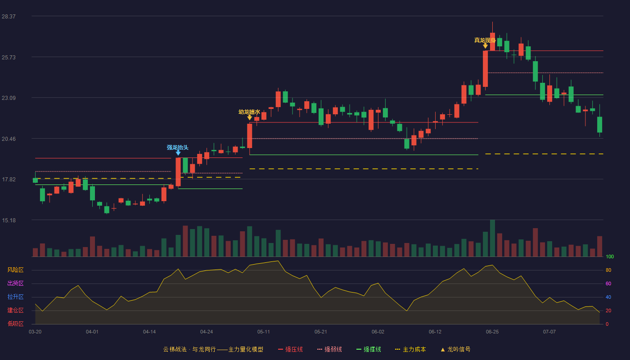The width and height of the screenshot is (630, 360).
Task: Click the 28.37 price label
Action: (9, 16)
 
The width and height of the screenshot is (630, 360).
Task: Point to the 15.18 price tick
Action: (9, 220)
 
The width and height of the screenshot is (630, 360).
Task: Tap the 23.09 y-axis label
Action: (9, 98)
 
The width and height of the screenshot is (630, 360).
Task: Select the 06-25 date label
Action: (492, 332)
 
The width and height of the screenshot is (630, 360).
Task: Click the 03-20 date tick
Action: (35, 332)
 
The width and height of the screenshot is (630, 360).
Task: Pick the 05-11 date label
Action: (264, 332)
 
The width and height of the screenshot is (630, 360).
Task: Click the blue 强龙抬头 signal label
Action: (177, 148)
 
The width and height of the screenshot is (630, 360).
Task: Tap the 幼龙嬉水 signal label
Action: (249, 112)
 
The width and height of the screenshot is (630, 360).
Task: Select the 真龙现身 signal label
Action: (485, 40)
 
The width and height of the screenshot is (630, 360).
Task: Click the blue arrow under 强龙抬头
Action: (178, 153)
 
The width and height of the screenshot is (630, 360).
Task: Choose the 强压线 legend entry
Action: (290, 349)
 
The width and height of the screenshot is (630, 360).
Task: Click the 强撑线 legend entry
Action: (369, 349)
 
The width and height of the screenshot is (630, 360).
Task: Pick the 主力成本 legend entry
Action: (410, 349)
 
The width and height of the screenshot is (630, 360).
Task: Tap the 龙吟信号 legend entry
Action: (455, 349)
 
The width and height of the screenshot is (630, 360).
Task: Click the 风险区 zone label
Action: (15, 270)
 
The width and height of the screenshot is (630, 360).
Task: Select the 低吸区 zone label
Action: (15, 324)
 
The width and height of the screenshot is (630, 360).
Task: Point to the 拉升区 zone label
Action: (15, 297)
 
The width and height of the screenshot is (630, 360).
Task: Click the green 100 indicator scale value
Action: (610, 256)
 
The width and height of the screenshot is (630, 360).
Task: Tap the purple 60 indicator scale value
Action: (608, 283)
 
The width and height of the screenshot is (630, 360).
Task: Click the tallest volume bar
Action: (492, 238)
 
